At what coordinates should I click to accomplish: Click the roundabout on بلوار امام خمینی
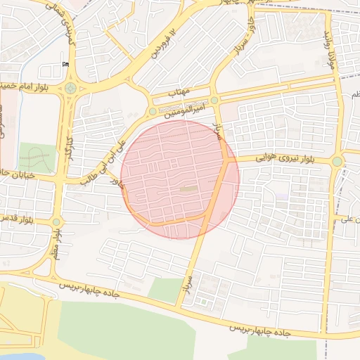tap(70, 89)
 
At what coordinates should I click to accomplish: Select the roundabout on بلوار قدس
tap(56, 222)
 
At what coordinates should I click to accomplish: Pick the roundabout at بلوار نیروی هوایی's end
tap(337, 161)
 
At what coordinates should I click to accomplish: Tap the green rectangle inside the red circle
tap(188, 188)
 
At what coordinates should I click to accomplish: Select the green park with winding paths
tap(37, 157)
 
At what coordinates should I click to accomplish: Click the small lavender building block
tap(282, 197)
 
